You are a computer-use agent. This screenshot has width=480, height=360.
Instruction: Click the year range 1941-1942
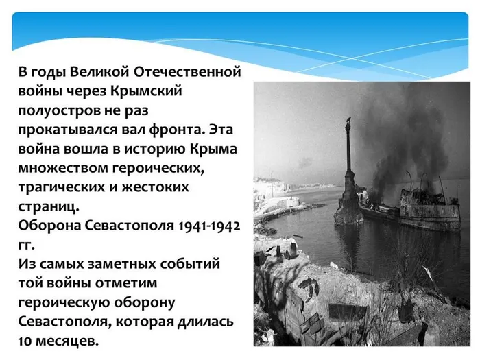[208, 225]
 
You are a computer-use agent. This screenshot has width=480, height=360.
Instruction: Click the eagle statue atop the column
[350, 123]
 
